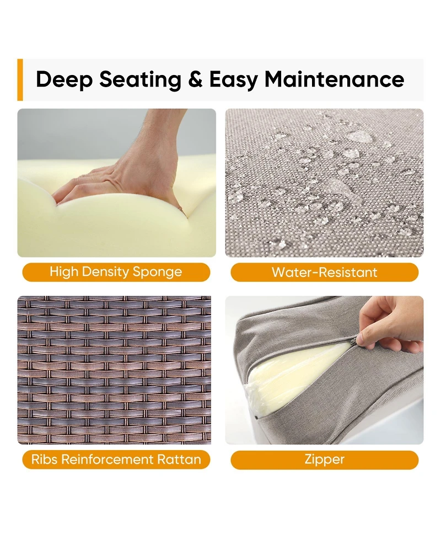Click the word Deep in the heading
64,80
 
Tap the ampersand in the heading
195,79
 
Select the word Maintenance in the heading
334,79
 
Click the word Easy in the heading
233,80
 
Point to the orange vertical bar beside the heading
20,80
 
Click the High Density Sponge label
116,272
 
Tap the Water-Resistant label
325,272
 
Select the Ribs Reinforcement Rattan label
116,460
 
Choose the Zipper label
325,460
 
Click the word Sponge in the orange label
157,272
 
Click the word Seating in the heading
140,80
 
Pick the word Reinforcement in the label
107,460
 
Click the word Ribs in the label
44,460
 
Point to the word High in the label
64,272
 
